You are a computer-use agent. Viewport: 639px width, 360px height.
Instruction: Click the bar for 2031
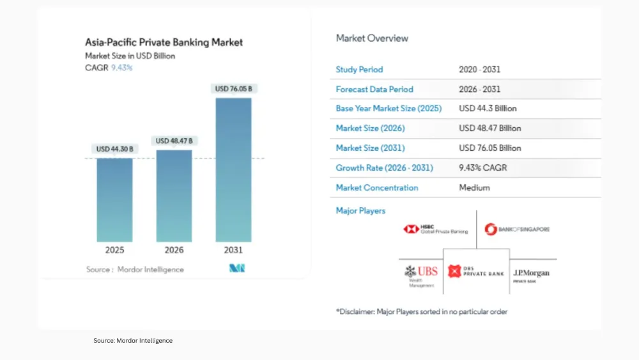(x=233, y=169)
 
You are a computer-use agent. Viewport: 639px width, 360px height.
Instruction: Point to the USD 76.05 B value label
(x=233, y=88)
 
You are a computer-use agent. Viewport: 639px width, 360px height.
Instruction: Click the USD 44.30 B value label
(x=115, y=149)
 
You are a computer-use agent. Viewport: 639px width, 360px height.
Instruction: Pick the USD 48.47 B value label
(x=174, y=141)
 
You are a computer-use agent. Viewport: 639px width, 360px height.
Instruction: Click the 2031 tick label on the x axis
(x=233, y=250)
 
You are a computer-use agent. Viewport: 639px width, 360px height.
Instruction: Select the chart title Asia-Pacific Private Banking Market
(x=164, y=43)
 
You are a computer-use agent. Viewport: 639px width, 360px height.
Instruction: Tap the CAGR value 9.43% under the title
(x=121, y=67)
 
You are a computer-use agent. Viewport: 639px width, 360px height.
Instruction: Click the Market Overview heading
(x=372, y=38)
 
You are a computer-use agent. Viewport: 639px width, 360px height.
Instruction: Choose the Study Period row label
(x=359, y=69)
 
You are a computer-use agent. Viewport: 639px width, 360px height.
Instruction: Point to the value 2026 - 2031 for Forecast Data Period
(x=479, y=89)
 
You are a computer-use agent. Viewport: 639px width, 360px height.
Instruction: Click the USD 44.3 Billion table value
(x=488, y=109)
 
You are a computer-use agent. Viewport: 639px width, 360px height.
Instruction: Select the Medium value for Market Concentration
(x=474, y=188)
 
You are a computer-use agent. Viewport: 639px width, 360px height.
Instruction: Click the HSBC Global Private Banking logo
(x=436, y=229)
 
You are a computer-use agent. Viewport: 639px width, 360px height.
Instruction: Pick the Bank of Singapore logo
(x=517, y=229)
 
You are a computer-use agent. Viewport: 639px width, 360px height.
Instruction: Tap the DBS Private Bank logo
(x=476, y=272)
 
